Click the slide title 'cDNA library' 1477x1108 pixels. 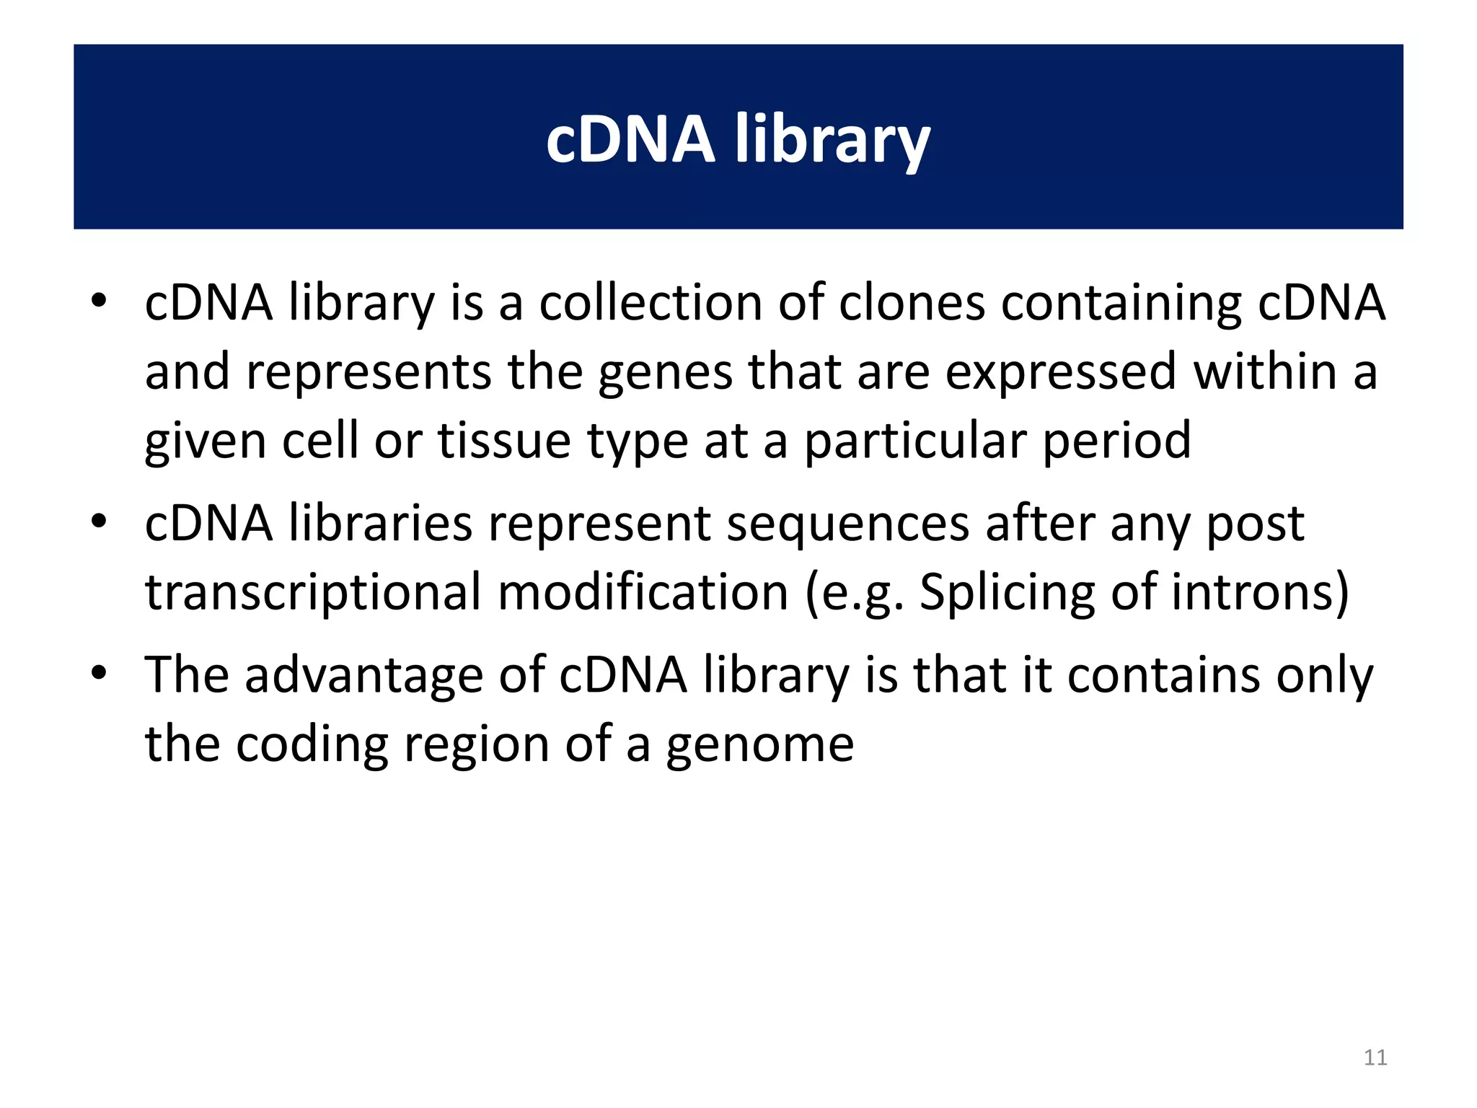pyautogui.click(x=738, y=139)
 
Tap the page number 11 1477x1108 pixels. pyautogui.click(x=1375, y=1058)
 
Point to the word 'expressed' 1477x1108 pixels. pyautogui.click(x=1061, y=371)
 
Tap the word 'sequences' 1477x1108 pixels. pyautogui.click(x=847, y=524)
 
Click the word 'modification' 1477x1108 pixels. pyautogui.click(x=643, y=592)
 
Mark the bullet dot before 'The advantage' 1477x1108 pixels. pyautogui.click(x=99, y=673)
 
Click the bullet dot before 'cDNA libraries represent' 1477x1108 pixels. pyautogui.click(x=99, y=521)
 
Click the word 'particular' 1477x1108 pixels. pyautogui.click(x=915, y=441)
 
